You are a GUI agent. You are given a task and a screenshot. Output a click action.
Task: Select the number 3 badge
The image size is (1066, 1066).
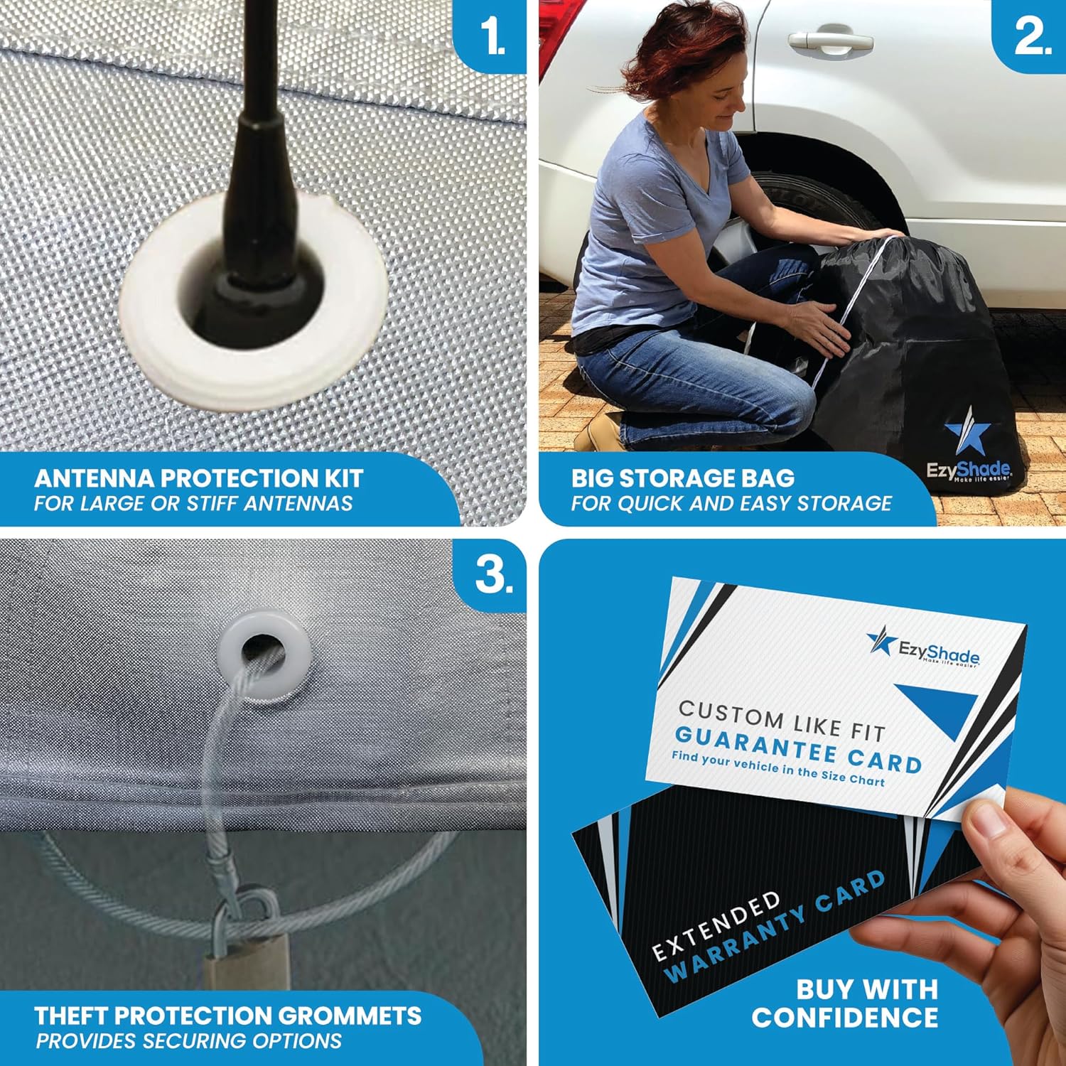click(493, 574)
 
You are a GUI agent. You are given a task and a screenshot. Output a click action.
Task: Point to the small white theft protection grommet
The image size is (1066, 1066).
click(264, 659)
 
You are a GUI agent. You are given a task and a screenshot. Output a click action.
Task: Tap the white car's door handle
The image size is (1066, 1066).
click(829, 41)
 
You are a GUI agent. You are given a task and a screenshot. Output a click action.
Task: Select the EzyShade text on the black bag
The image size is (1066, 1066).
click(967, 469)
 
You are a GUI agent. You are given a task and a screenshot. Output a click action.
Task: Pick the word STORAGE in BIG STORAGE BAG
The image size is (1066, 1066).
click(686, 478)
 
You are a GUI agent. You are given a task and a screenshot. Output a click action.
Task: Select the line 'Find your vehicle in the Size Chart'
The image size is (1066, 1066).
click(777, 769)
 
